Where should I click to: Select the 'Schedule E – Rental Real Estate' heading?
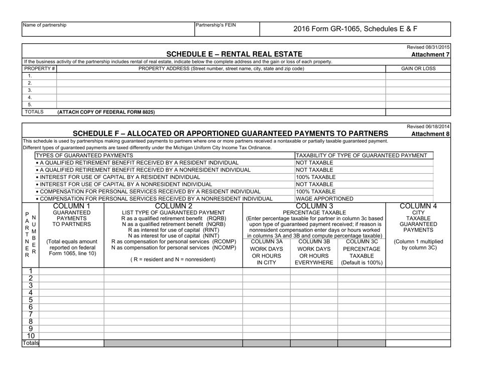(234, 54)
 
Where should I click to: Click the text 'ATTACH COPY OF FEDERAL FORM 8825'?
(106, 112)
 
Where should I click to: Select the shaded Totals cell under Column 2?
(173, 343)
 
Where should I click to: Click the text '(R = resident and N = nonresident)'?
(173, 259)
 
